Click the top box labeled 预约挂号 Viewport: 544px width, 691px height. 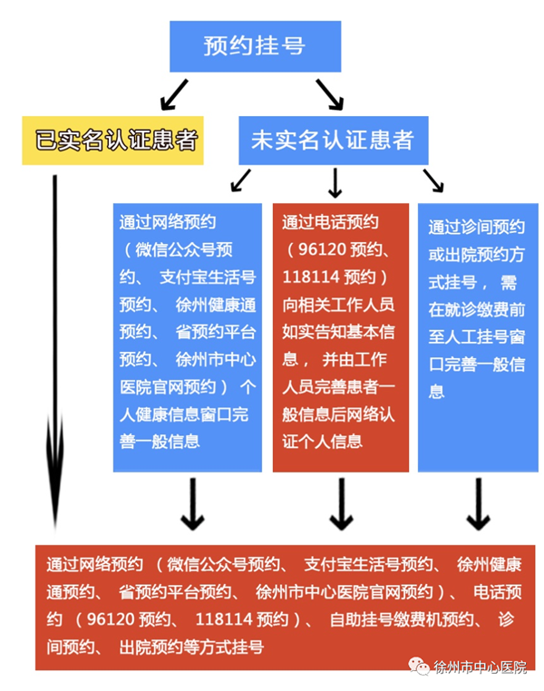[255, 46]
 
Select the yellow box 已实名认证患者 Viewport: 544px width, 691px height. [112, 141]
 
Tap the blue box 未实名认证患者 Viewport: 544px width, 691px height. [334, 141]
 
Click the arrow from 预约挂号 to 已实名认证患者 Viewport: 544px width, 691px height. [174, 94]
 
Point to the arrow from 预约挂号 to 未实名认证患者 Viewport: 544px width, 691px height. [329, 94]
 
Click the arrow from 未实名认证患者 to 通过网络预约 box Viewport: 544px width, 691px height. [240, 180]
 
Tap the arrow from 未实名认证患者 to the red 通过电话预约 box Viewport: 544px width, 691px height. [335, 182]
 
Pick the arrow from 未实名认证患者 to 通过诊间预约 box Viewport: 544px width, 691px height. [433, 180]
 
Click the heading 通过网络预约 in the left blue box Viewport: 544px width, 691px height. [168, 222]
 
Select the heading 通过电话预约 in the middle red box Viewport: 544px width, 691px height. [330, 222]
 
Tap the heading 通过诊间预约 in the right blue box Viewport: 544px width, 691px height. [477, 228]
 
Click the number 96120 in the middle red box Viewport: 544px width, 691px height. [323, 250]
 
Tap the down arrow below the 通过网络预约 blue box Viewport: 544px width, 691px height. [192, 504]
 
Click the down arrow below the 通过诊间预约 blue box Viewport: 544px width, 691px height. [479, 504]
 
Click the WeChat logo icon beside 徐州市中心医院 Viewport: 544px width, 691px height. [419, 666]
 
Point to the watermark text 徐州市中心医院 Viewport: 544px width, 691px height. [481, 667]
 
